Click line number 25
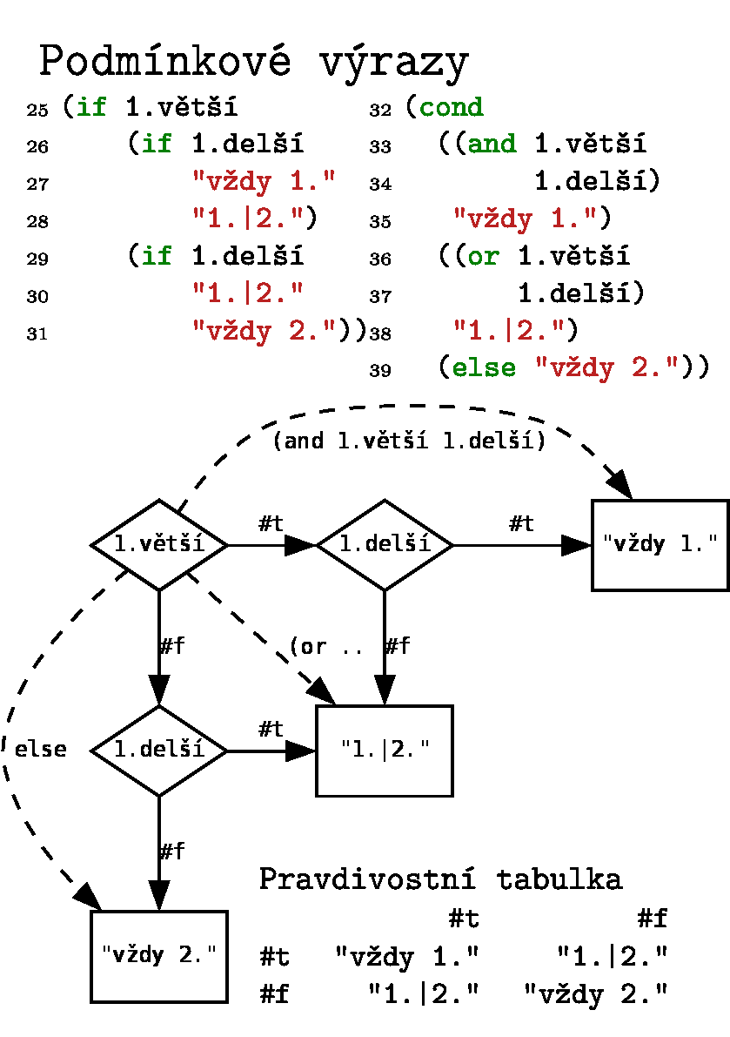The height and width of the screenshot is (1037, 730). (37, 111)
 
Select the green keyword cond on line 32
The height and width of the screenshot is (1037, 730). (451, 107)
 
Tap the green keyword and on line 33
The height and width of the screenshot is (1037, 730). (492, 144)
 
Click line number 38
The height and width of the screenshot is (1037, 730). (379, 333)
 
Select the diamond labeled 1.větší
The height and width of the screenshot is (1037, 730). (159, 545)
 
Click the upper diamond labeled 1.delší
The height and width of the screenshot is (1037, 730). (385, 545)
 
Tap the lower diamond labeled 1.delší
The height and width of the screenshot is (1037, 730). (159, 750)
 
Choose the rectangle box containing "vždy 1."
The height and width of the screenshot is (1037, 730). (660, 545)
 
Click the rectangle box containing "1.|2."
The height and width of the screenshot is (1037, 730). (385, 750)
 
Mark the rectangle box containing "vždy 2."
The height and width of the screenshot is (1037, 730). (159, 955)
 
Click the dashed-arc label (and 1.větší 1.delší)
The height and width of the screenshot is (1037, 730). (409, 441)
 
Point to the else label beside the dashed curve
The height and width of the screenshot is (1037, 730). (41, 750)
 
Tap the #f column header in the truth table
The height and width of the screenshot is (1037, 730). (652, 919)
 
